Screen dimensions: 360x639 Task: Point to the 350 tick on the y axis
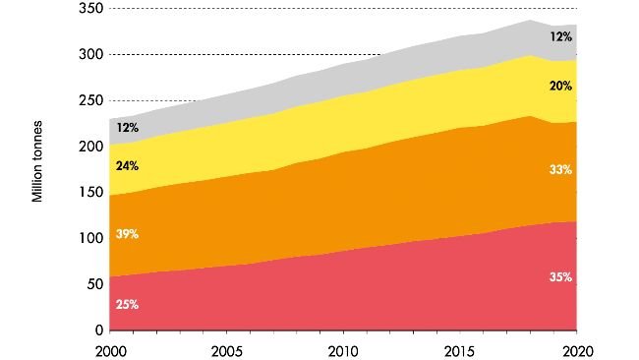(x=91, y=9)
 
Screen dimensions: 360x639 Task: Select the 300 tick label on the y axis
(x=91, y=55)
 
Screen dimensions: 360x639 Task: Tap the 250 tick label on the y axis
(x=91, y=100)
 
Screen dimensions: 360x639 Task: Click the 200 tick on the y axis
(x=91, y=147)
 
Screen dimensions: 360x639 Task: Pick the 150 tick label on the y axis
(x=91, y=192)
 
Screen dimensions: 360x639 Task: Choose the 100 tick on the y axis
(x=91, y=238)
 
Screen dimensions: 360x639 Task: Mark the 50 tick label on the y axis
(x=95, y=284)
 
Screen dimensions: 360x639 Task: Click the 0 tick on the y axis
(x=99, y=330)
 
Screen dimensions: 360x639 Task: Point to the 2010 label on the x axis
(x=342, y=349)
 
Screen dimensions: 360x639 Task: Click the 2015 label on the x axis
(x=459, y=349)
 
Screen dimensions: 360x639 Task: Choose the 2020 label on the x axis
(x=576, y=349)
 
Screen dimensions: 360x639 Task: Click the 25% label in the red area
(x=127, y=305)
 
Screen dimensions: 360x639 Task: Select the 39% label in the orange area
(x=127, y=234)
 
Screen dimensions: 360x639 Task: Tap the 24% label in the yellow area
(x=127, y=166)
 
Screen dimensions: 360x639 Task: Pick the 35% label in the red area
(x=560, y=278)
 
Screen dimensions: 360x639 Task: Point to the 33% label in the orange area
(x=560, y=170)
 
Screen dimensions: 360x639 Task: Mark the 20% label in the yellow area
(x=560, y=86)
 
